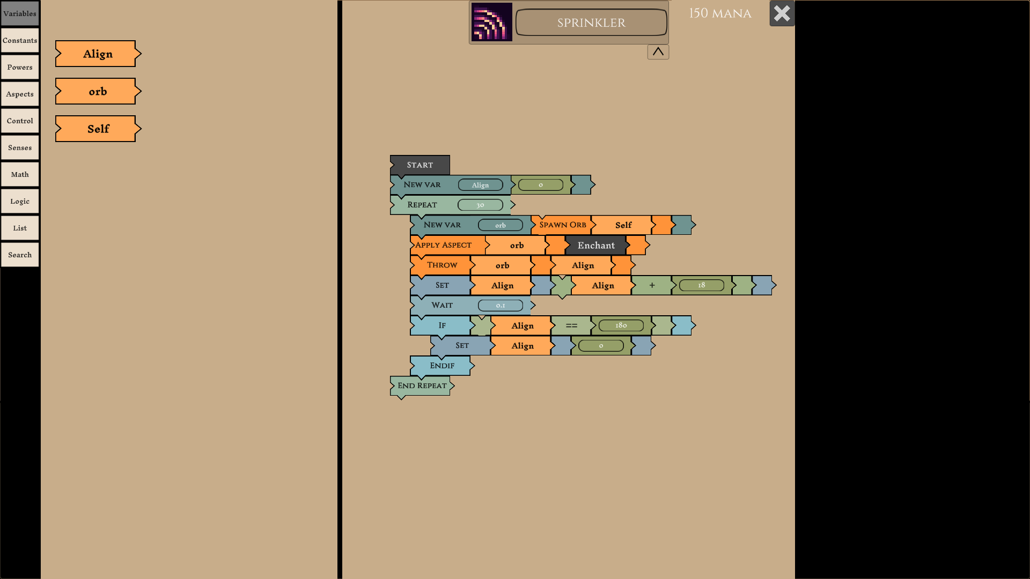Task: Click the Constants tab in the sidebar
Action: point(20,41)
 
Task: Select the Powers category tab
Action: point(20,68)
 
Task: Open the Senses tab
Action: point(20,148)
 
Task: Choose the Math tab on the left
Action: point(20,175)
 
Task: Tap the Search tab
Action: point(20,255)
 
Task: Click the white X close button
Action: point(782,13)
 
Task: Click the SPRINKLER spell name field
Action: point(591,23)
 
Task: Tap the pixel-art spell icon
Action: point(491,22)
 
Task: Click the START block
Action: point(420,165)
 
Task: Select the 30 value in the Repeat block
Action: point(480,205)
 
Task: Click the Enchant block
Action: point(595,246)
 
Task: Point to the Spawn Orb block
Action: point(562,225)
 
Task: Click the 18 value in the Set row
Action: point(701,285)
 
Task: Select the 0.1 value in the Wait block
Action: point(500,306)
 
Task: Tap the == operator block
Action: point(571,325)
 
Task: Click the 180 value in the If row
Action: point(621,325)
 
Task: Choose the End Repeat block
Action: point(422,386)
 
